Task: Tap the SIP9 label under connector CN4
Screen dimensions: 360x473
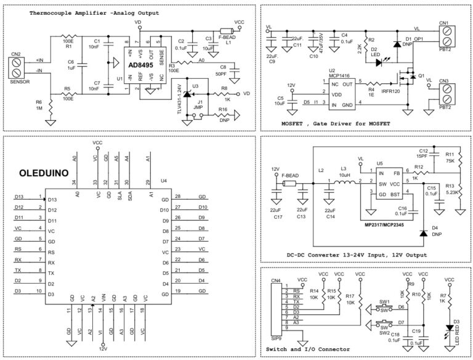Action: coord(277,338)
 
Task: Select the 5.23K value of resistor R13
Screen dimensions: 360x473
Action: coord(449,192)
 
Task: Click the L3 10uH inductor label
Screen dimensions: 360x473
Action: coord(344,172)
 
